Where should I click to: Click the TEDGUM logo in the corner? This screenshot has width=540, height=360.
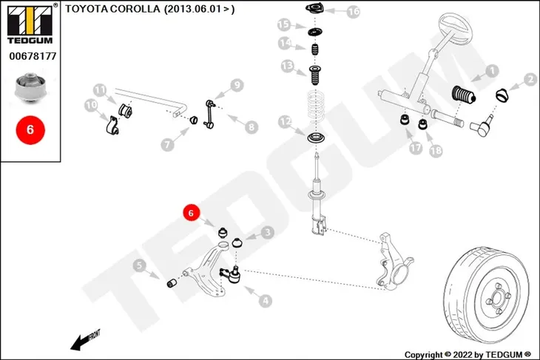tap(30, 24)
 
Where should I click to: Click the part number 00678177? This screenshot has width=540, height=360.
tap(33, 56)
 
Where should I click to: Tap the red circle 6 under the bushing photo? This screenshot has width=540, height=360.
tap(30, 130)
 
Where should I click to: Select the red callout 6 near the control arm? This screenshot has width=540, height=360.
tap(191, 213)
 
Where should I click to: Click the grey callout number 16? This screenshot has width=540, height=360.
tap(353, 11)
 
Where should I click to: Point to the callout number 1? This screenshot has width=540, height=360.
tap(492, 71)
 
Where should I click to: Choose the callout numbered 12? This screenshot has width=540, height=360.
tap(285, 121)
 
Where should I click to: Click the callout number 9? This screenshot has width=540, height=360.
tap(237, 85)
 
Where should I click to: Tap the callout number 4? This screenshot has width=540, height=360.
tap(265, 301)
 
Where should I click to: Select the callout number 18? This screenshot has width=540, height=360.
tap(436, 150)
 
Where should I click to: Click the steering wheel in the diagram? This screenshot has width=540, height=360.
tap(455, 28)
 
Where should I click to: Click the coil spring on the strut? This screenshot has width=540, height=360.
tap(316, 106)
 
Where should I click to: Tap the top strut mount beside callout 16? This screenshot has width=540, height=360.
tap(314, 8)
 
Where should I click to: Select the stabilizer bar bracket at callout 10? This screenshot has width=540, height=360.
tap(111, 125)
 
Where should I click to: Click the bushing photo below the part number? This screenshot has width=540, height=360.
tap(30, 87)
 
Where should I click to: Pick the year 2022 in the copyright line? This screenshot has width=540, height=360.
tap(463, 355)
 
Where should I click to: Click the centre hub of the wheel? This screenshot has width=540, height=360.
tap(497, 298)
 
